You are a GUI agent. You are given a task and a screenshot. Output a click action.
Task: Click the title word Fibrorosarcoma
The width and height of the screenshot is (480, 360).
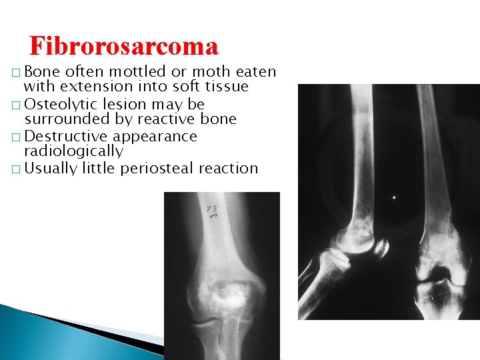click(123, 46)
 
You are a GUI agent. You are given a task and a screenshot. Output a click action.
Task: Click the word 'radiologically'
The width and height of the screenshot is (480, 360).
click(73, 151)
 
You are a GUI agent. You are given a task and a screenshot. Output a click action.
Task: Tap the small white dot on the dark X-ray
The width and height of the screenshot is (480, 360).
click(394, 197)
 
